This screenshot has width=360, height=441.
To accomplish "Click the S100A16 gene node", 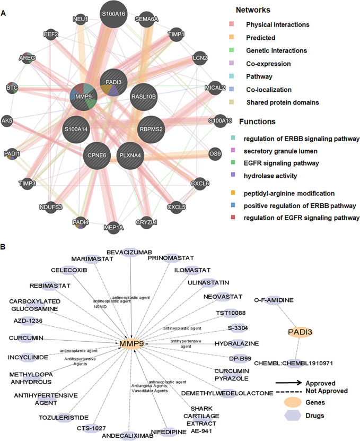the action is tap(113, 14).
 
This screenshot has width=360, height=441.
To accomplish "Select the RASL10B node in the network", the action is tap(144, 97).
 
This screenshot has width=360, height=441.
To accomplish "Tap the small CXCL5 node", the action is tap(176, 207).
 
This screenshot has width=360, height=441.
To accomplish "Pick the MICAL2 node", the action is tap(215, 88).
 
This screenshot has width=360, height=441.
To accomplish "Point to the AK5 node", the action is tap(7, 121).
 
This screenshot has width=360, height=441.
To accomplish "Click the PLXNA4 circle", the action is tap(130, 155).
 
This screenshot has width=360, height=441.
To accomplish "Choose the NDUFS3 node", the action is tap(51, 207).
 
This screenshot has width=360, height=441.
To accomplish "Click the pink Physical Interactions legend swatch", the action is tap(232, 24).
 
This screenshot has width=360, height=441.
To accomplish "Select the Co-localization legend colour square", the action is tap(232, 89).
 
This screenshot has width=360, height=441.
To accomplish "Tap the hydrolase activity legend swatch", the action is tap(233, 175).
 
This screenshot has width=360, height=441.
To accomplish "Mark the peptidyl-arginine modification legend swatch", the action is tap(233, 193).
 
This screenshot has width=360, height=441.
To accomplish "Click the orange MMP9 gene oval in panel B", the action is tap(131, 343).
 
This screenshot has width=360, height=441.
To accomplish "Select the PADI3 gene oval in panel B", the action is tap(300, 332).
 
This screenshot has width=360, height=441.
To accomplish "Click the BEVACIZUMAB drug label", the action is tap(129, 252).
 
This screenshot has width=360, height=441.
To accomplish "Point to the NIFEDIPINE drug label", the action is tap(169, 432).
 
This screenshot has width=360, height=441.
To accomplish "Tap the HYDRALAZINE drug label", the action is tap(236, 343).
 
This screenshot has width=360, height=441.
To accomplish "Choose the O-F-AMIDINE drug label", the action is tap(274, 300).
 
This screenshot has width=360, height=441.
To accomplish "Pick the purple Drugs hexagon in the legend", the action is tap(293, 416).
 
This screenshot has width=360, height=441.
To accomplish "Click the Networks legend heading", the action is tap(253, 10).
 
